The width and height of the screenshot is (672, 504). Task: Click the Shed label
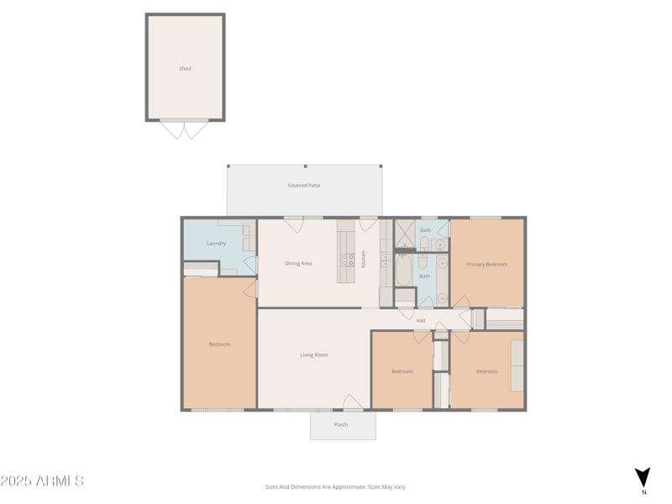185,69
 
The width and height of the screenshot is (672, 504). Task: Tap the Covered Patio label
303,186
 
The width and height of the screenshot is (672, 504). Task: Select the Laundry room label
216,244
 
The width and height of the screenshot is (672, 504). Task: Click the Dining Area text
298,264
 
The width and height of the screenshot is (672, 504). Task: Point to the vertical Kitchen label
364,259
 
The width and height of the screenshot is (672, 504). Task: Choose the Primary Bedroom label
487,265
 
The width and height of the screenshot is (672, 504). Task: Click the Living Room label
313,355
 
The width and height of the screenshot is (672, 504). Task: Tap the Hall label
421,321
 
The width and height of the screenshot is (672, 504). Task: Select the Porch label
341,425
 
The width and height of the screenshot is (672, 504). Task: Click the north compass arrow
643,477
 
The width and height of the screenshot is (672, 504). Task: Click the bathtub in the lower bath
404,270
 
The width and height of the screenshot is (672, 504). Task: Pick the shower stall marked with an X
404,233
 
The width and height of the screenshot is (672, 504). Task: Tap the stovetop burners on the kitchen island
347,260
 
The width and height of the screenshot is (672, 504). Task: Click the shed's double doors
185,129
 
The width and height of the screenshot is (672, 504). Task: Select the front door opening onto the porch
353,402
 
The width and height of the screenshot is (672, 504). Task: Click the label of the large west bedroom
219,344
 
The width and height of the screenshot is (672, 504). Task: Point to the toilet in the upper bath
424,244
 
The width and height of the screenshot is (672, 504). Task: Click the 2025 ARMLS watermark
42,481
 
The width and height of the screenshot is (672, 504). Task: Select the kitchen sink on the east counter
386,260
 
